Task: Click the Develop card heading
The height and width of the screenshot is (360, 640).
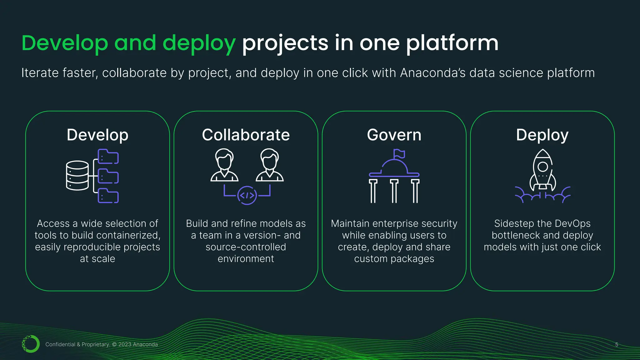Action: (97, 135)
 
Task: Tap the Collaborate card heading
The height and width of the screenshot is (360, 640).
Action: (246, 135)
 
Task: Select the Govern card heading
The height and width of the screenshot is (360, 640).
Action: (394, 135)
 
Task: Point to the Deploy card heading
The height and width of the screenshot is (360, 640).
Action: (542, 135)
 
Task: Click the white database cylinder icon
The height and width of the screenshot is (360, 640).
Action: (77, 175)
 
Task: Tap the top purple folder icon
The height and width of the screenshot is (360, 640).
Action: (108, 157)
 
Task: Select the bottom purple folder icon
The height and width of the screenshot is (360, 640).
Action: (108, 196)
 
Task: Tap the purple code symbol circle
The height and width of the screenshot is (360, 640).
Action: (247, 196)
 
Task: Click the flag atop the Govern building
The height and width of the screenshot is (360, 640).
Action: (399, 153)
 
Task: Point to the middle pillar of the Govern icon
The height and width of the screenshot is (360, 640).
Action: (394, 191)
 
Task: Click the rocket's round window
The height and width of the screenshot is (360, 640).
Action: (543, 167)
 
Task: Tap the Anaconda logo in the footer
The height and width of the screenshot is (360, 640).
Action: (31, 344)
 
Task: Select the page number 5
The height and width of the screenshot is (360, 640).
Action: (617, 344)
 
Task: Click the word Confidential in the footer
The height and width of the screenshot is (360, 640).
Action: (60, 344)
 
